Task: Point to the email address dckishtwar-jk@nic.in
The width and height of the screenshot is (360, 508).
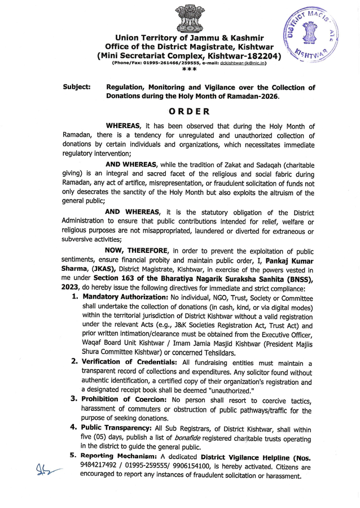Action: click(243, 63)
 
